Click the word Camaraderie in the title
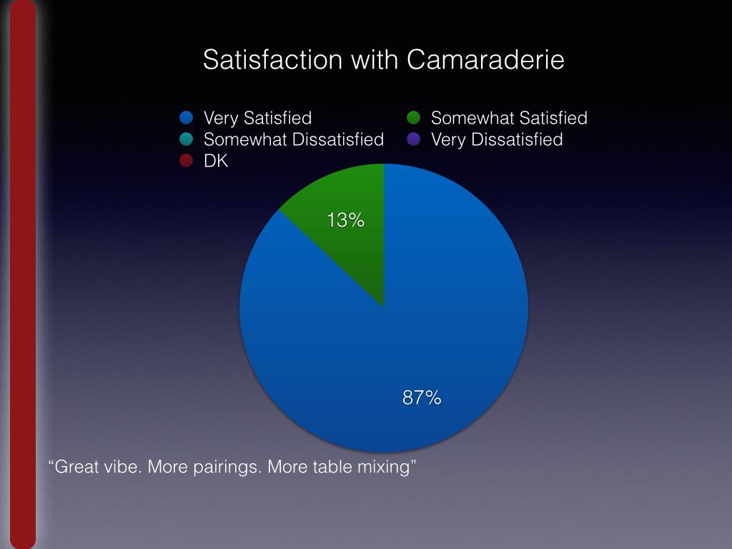click(485, 59)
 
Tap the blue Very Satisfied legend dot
click(187, 118)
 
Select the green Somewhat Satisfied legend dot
click(413, 118)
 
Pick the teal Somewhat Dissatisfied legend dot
click(187, 139)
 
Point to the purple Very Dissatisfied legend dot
click(413, 139)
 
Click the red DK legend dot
click(187, 161)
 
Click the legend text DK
click(216, 161)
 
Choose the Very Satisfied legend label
click(257, 118)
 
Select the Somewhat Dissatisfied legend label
click(293, 139)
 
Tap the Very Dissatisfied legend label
click(497, 139)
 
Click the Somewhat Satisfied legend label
click(509, 118)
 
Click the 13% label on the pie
click(346, 221)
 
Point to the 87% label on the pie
click(422, 398)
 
